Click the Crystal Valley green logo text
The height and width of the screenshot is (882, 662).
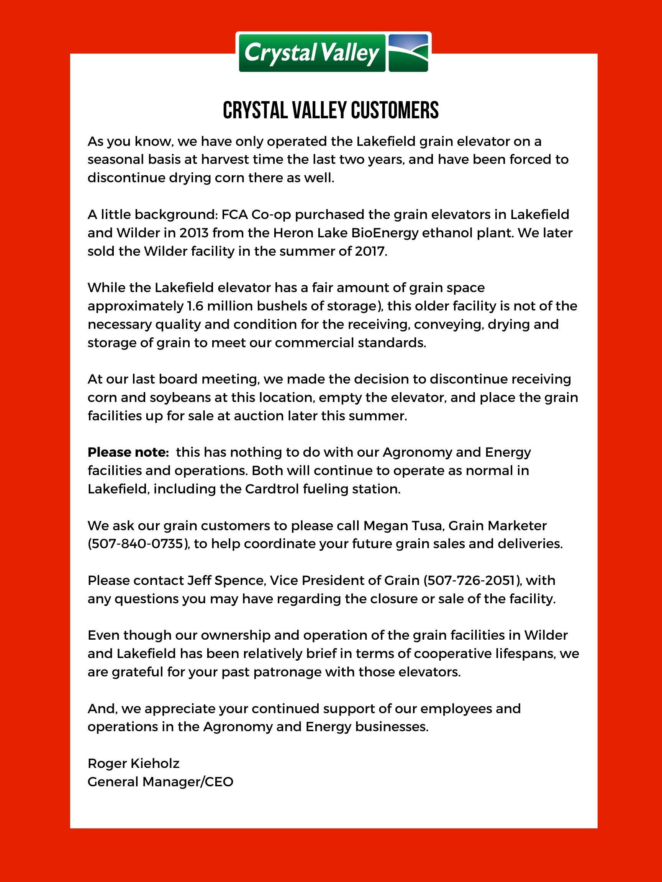point(312,53)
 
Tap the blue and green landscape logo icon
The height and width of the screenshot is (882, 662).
point(408,53)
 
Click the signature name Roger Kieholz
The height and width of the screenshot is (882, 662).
point(134,763)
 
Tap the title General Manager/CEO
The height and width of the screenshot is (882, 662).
point(161,782)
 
